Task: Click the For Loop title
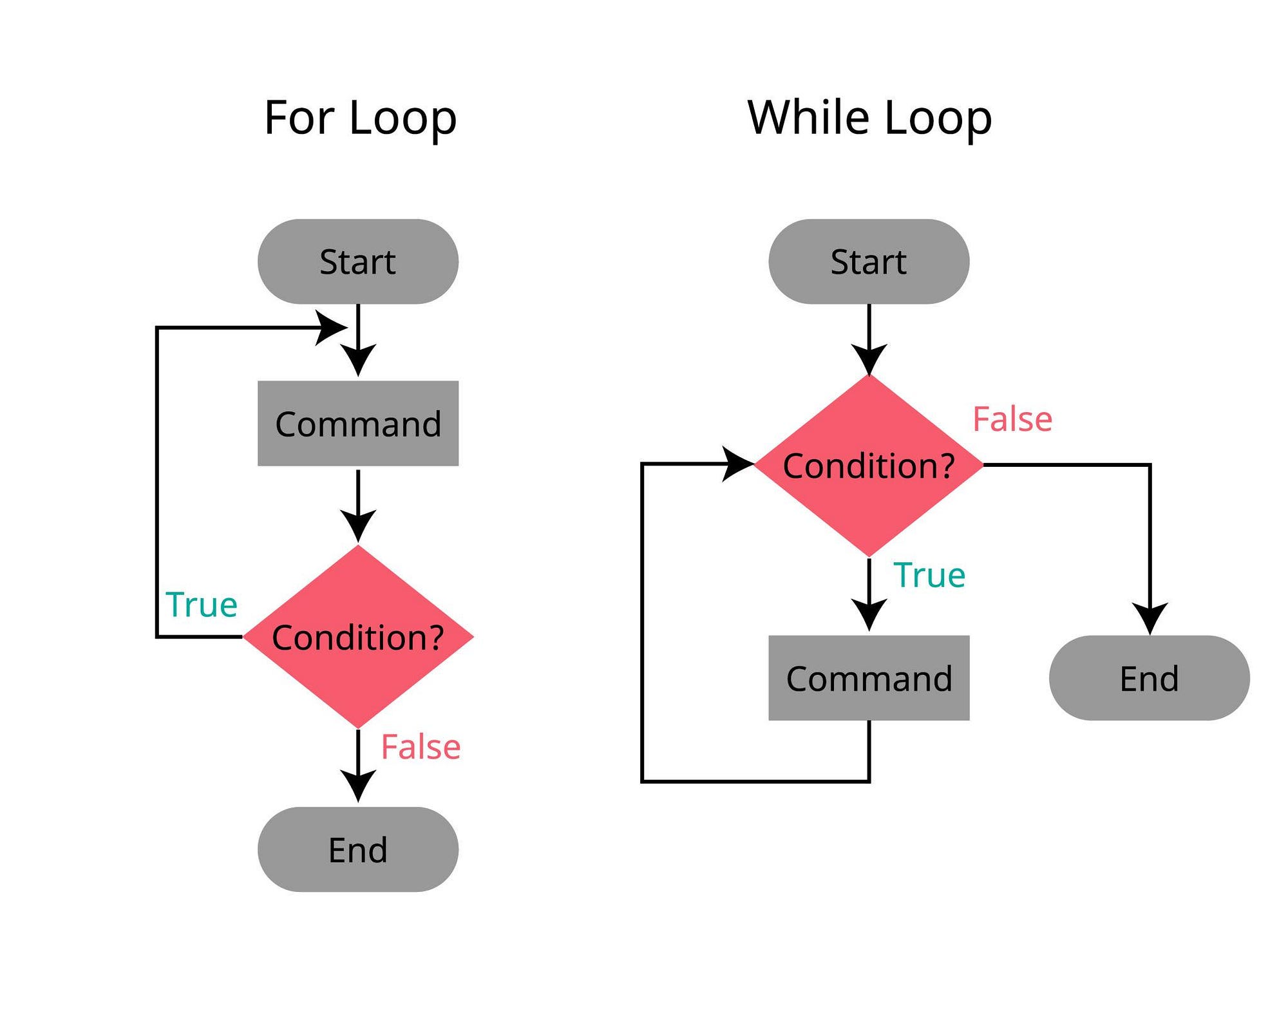point(360,118)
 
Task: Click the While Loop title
point(869,118)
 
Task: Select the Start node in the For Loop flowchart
point(358,261)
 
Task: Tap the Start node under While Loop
point(869,261)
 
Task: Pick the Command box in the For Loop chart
point(358,423)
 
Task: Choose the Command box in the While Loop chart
point(869,677)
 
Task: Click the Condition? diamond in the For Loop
point(358,637)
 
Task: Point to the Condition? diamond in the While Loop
point(869,465)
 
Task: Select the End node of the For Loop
point(358,849)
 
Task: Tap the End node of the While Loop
point(1150,677)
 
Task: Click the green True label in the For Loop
point(202,604)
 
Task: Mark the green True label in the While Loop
point(929,574)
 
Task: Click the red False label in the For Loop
point(421,747)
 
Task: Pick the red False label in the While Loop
point(1012,419)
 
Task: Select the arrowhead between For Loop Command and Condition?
point(358,525)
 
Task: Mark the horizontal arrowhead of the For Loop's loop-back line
point(331,328)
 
